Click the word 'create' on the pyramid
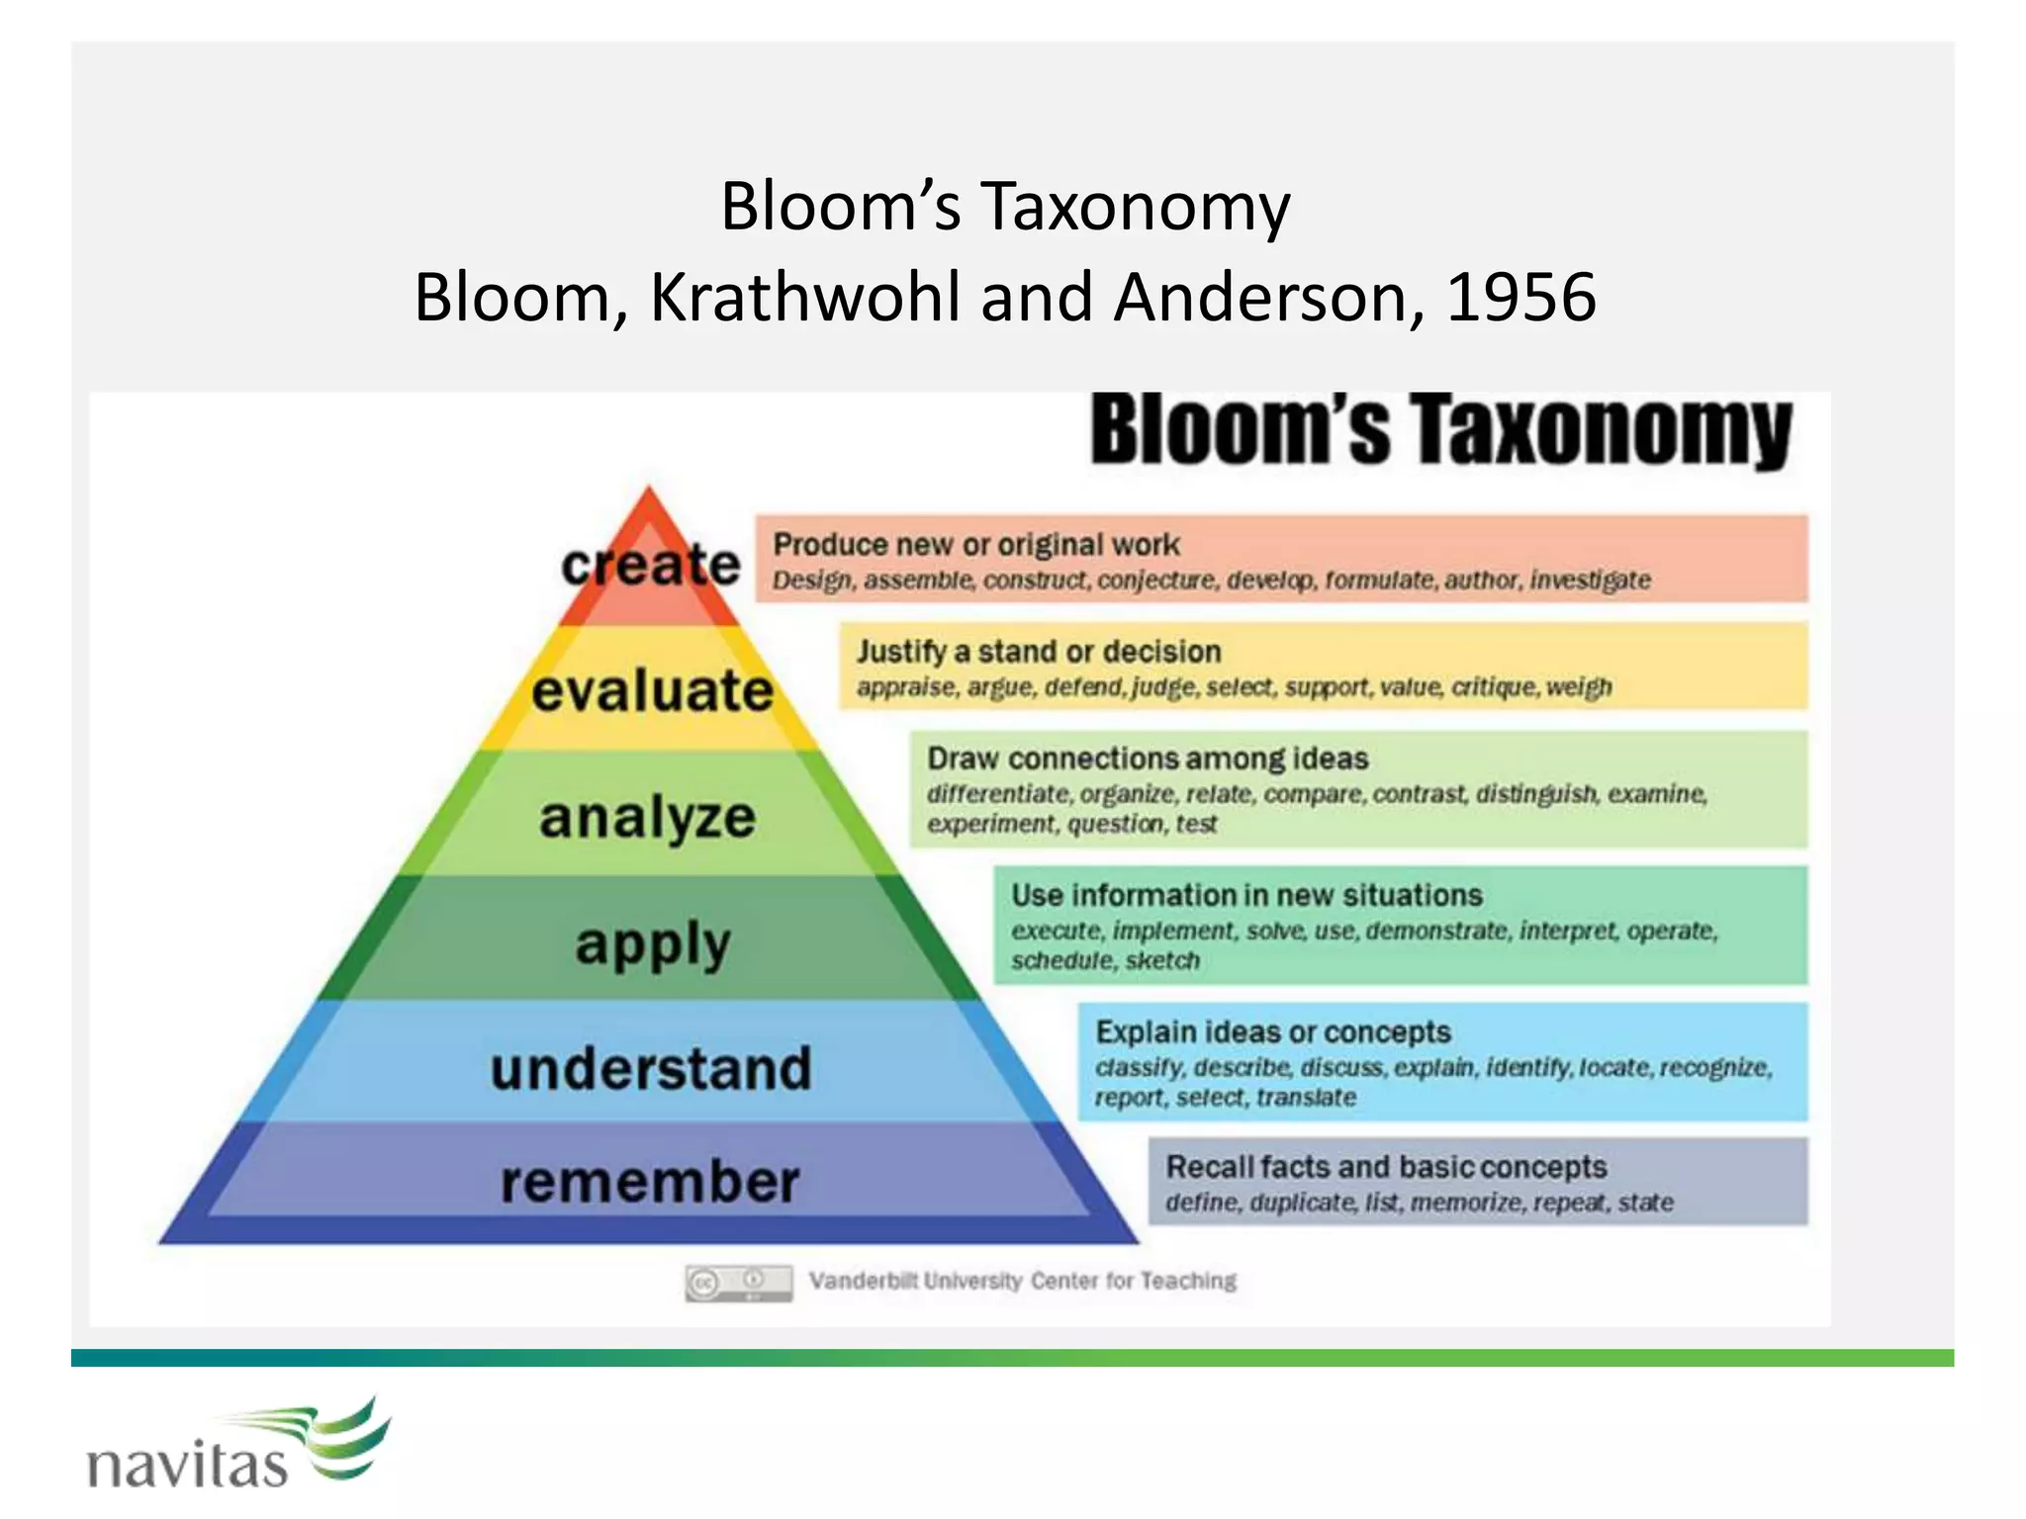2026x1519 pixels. (650, 565)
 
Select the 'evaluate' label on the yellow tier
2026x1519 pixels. (652, 690)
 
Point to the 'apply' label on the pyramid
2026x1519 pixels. (652, 943)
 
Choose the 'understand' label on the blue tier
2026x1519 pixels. (651, 1069)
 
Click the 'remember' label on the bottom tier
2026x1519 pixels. (649, 1182)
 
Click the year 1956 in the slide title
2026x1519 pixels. (1520, 297)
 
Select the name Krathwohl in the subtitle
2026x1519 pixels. (804, 297)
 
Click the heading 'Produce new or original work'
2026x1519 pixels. (975, 545)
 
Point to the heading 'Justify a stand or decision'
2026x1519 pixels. (1039, 652)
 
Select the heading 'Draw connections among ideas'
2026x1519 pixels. (1148, 759)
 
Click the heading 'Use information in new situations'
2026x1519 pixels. (1246, 895)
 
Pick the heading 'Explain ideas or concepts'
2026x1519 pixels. (1272, 1031)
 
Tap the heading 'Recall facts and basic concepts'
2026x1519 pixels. (1386, 1167)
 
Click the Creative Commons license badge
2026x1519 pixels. (738, 1283)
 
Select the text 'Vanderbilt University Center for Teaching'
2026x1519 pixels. (1022, 1281)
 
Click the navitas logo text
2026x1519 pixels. (187, 1464)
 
